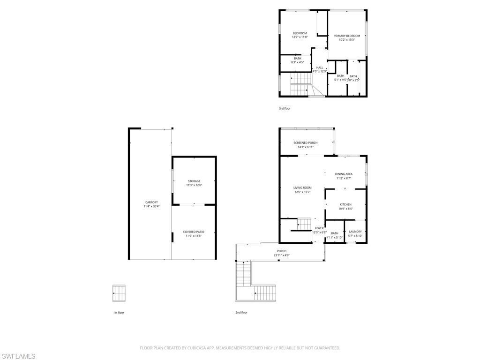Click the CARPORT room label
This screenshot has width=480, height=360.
(151, 202)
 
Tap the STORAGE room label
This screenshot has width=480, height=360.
(194, 181)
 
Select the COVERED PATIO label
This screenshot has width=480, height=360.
(194, 232)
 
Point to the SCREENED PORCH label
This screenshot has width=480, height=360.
(306, 142)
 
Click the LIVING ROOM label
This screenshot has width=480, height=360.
(302, 187)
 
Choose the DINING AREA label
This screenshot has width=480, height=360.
(344, 174)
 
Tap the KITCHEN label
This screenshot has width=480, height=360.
(345, 204)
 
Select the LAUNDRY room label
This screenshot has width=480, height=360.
(355, 231)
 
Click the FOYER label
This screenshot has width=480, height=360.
(319, 228)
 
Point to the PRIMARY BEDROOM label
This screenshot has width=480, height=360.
(347, 36)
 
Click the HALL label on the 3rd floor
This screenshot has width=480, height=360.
(319, 67)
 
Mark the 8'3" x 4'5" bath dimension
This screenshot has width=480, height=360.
(298, 62)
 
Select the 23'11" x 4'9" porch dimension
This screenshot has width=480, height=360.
(281, 255)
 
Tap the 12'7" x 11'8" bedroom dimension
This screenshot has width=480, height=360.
(300, 37)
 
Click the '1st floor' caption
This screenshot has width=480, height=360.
(118, 312)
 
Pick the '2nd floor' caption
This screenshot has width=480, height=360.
(241, 312)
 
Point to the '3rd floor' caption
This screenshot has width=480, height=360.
(285, 108)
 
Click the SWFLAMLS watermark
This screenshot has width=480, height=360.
(19, 356)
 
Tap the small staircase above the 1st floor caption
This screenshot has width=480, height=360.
(119, 293)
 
